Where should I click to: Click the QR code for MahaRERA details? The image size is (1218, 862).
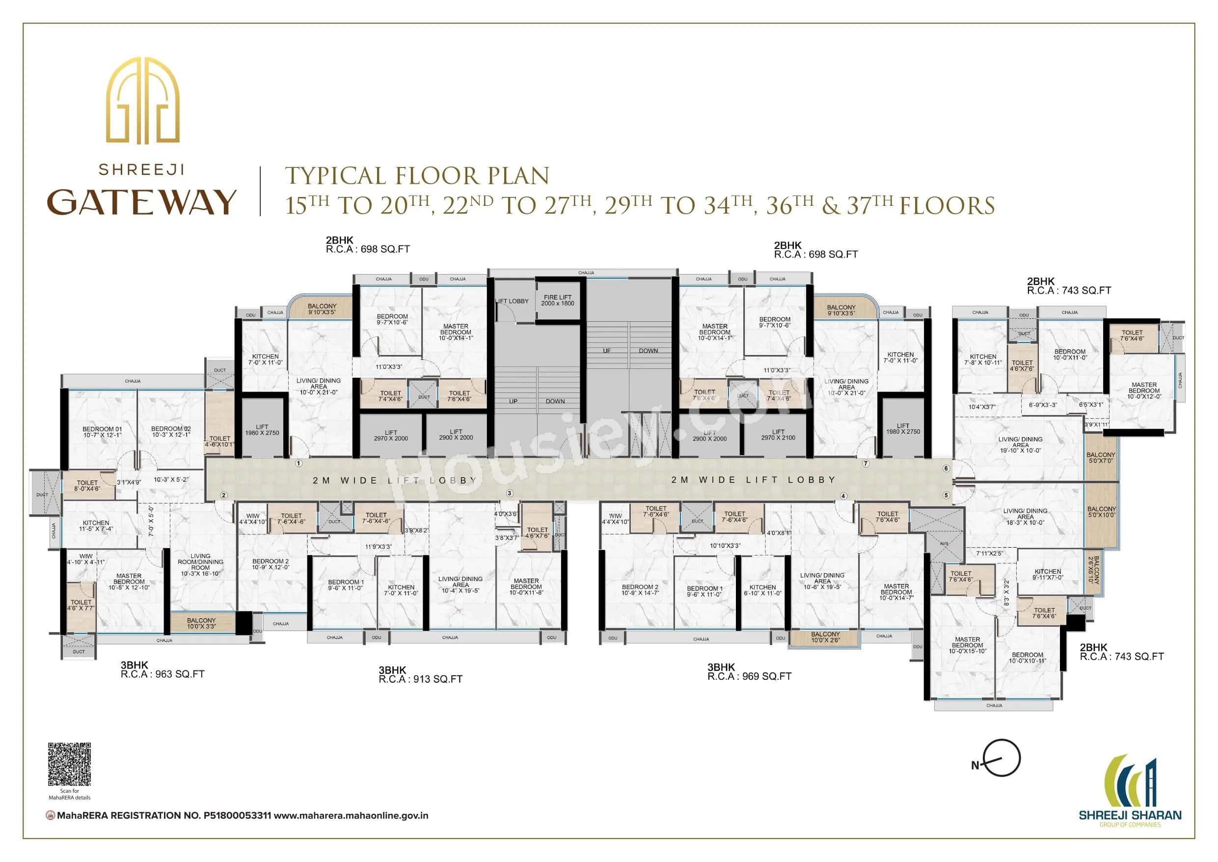click(x=70, y=764)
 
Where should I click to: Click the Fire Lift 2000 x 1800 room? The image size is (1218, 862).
click(x=558, y=301)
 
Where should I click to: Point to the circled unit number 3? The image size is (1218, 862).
click(x=509, y=493)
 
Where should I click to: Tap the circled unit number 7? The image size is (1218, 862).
click(x=866, y=463)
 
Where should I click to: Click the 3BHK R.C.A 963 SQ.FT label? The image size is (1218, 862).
click(x=162, y=670)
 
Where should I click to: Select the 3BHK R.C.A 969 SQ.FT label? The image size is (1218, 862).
click(x=749, y=672)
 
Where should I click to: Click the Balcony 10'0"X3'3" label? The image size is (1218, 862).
click(x=201, y=623)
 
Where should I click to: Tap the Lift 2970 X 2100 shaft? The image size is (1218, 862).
click(x=778, y=435)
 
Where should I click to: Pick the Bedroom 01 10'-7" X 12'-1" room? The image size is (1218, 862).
click(x=103, y=432)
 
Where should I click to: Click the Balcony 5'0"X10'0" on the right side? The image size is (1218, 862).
click(x=1101, y=512)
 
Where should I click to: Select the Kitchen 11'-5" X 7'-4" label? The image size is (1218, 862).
click(x=96, y=526)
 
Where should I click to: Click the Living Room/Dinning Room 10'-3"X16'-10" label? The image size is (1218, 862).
click(x=200, y=565)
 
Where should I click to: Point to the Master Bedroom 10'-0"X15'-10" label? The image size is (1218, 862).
click(x=967, y=645)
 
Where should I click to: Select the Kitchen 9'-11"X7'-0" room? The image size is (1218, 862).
click(x=1047, y=574)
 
